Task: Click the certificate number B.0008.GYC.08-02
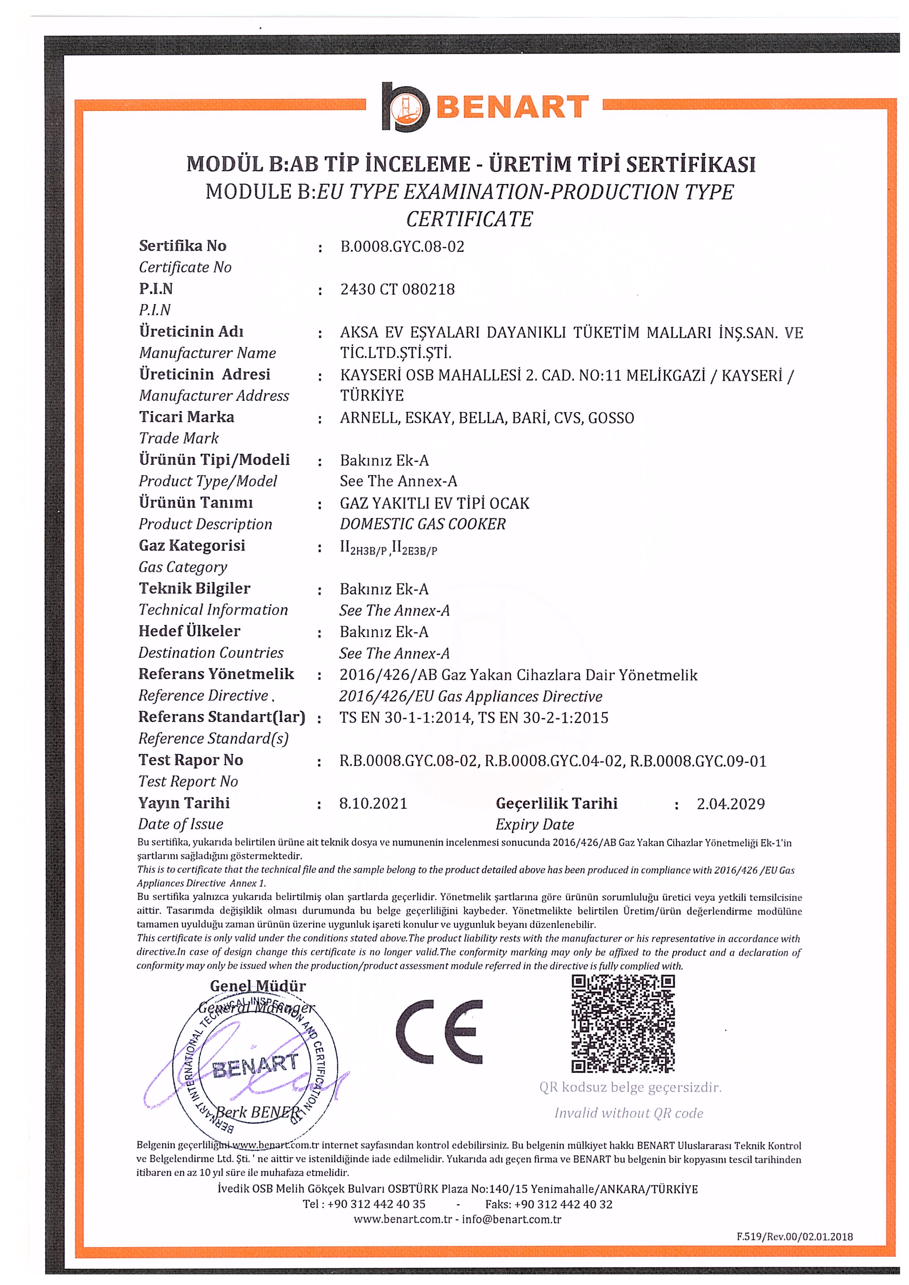click(402, 247)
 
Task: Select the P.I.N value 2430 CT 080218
click(397, 289)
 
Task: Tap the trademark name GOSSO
click(611, 418)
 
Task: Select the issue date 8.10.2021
click(373, 804)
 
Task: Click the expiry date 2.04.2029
click(730, 804)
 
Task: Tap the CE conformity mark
click(438, 1031)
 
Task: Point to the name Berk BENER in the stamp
click(257, 1111)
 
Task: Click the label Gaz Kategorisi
click(192, 546)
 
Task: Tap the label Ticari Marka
click(187, 417)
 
